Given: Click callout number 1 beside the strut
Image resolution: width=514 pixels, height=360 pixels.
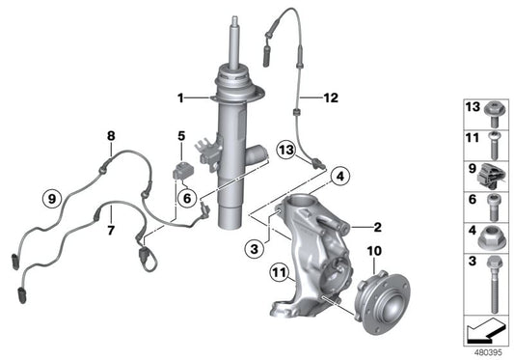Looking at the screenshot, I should click(179, 97).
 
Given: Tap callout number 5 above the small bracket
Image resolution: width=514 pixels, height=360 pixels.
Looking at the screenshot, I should click(180, 137).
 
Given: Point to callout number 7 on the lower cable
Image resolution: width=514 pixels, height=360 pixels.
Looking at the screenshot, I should click(110, 231).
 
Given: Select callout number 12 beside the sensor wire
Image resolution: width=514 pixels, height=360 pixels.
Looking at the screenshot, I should click(332, 97).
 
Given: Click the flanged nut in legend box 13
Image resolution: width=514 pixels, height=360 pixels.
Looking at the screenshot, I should click(492, 108).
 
